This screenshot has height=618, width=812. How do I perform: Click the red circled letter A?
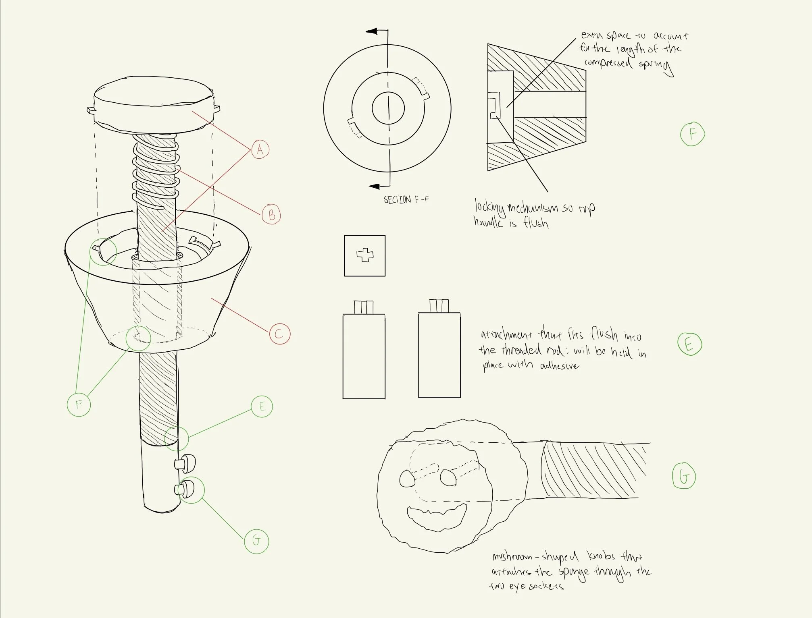pyautogui.click(x=260, y=149)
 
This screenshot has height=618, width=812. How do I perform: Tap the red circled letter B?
pyautogui.click(x=271, y=215)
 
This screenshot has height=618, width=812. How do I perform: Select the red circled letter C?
pyautogui.click(x=280, y=334)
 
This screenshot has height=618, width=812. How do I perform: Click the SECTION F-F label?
pyautogui.click(x=406, y=199)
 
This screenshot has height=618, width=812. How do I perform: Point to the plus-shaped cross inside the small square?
pyautogui.click(x=365, y=255)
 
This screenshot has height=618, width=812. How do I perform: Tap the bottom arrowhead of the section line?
pyautogui.click(x=375, y=186)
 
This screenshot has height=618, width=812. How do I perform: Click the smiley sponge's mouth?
pyautogui.click(x=437, y=516)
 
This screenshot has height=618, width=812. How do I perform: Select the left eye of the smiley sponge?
pyautogui.click(x=407, y=478)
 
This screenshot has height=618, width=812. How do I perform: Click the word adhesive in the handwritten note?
pyautogui.click(x=559, y=366)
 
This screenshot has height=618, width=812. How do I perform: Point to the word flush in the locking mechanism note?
pyautogui.click(x=536, y=222)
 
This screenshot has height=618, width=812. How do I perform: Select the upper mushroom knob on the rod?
pyautogui.click(x=185, y=463)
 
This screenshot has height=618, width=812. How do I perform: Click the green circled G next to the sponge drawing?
pyautogui.click(x=684, y=477)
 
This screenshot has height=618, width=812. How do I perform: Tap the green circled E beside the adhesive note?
pyautogui.click(x=689, y=344)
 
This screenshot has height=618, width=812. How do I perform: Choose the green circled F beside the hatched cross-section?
pyautogui.click(x=692, y=134)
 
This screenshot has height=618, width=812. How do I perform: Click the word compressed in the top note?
pyautogui.click(x=608, y=63)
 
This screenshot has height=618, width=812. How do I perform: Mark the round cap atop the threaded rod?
pyautogui.click(x=154, y=106)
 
